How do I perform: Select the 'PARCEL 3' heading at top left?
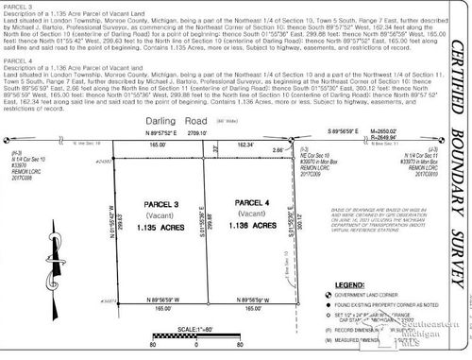click(17, 7)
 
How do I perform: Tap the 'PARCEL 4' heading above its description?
click(17, 61)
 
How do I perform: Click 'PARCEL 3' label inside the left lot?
click(153, 203)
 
